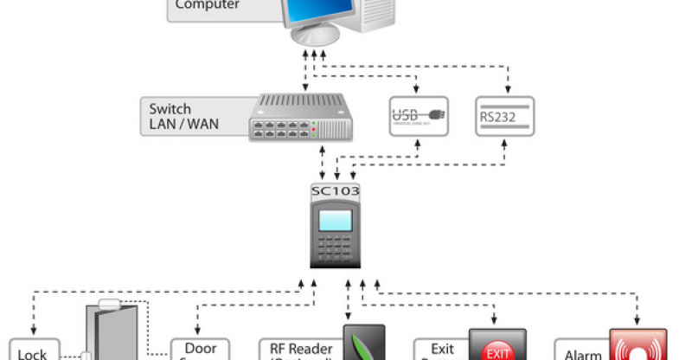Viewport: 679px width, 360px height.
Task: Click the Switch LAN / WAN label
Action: click(183, 117)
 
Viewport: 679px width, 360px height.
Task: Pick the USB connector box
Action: click(419, 116)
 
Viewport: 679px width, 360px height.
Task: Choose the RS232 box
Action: click(506, 116)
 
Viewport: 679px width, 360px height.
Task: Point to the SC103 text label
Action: click(335, 190)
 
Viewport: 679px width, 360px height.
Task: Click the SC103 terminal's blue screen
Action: click(335, 220)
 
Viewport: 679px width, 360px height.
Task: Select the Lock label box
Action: click(33, 350)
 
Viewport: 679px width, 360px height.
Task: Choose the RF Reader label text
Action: click(299, 350)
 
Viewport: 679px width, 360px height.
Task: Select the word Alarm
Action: click(583, 354)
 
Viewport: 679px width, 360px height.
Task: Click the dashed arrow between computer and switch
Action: click(304, 73)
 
